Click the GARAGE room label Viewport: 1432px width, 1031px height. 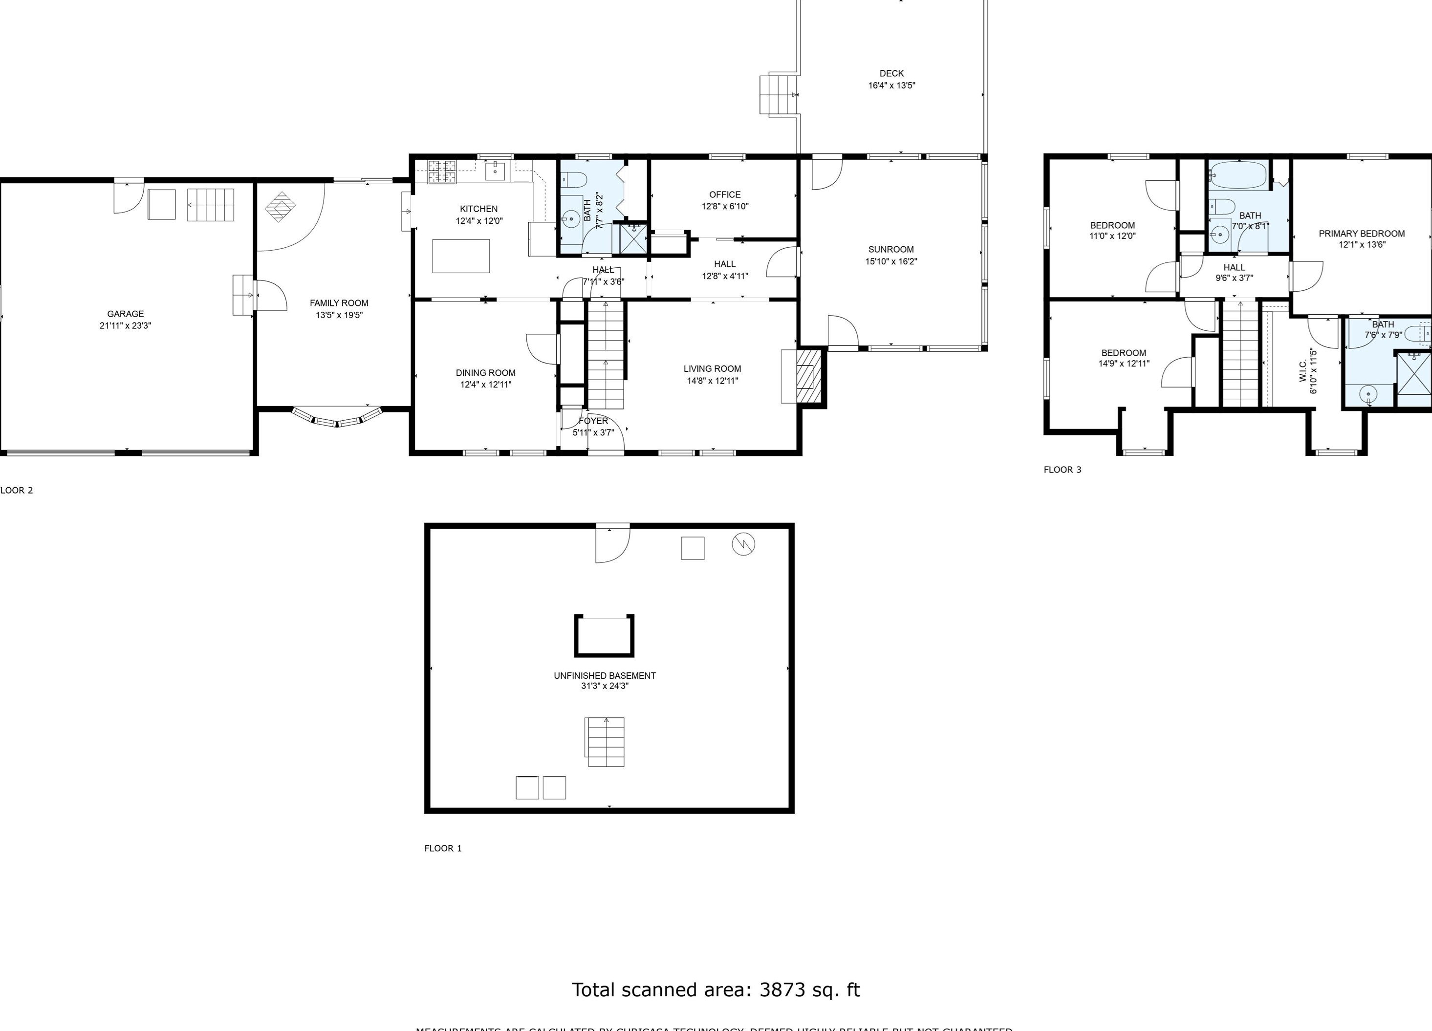(x=125, y=314)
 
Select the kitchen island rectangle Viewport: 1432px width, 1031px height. (x=461, y=256)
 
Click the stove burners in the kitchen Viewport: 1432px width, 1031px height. (x=442, y=171)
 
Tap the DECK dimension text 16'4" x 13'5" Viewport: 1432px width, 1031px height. (x=891, y=85)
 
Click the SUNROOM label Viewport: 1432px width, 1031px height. (x=891, y=249)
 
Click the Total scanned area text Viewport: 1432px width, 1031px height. (x=716, y=989)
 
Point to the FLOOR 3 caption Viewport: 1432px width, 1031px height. (x=1062, y=470)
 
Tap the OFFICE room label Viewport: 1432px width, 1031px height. (x=725, y=194)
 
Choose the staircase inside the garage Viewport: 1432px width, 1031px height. (x=210, y=205)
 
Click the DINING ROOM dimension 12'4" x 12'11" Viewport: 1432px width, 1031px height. (x=485, y=385)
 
